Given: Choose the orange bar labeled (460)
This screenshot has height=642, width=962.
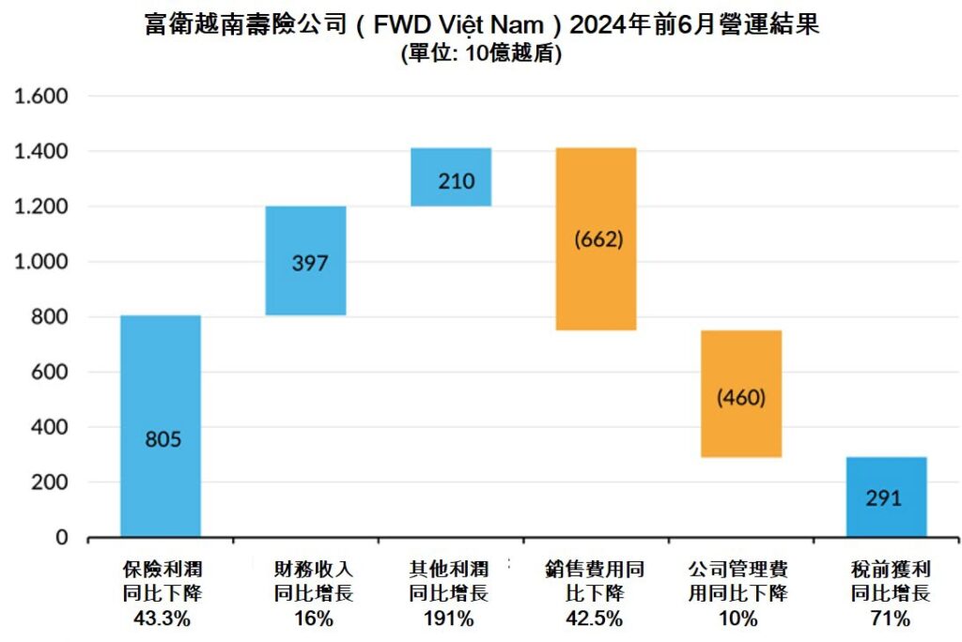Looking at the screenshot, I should coord(741,393).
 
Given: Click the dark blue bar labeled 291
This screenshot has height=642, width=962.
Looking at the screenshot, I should coord(886,497).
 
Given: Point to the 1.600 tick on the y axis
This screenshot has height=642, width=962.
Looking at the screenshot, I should coord(39,96).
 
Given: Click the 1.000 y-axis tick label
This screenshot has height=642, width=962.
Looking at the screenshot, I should coord(39,262).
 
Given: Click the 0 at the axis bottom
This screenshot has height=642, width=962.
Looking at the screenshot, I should coord(62,538).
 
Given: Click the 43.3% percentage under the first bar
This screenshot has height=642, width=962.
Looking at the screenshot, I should coord(161,619).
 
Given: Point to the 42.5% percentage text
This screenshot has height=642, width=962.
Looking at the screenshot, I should coord(596,619).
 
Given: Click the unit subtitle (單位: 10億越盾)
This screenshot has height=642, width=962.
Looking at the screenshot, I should coord(481,54).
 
